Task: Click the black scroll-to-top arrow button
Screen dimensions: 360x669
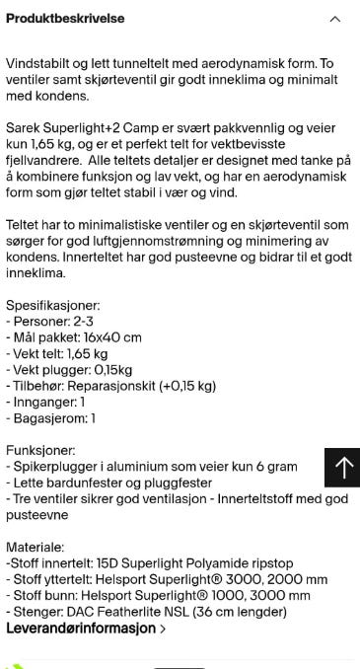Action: pyautogui.click(x=342, y=467)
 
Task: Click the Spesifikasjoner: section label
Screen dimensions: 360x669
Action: pyautogui.click(x=52, y=307)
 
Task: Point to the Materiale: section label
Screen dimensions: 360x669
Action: pyautogui.click(x=37, y=546)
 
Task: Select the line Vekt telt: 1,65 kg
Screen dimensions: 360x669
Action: pyautogui.click(x=62, y=353)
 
